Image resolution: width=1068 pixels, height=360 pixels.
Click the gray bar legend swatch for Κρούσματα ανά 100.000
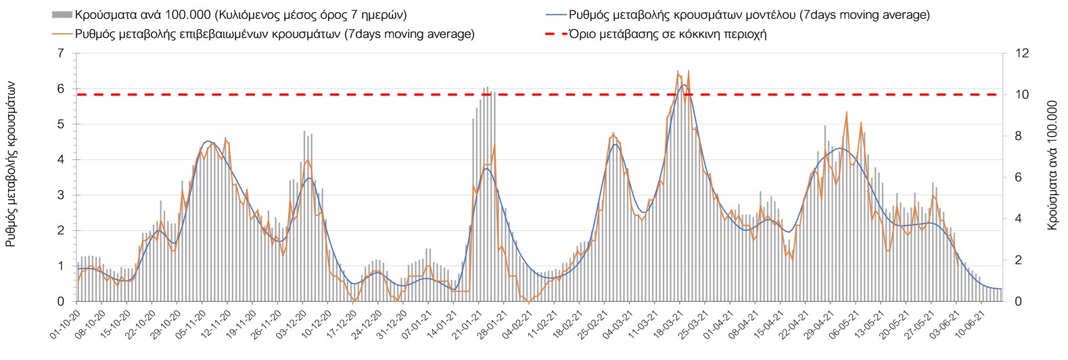point(62,14)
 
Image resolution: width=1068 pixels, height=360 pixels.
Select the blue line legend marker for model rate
point(555,14)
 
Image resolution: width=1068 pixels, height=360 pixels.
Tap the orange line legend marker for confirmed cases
point(62,34)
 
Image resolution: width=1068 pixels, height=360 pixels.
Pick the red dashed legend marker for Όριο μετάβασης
point(555,34)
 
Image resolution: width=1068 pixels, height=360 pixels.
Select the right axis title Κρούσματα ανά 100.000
point(1052,166)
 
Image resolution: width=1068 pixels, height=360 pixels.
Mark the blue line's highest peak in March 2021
point(684,85)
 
